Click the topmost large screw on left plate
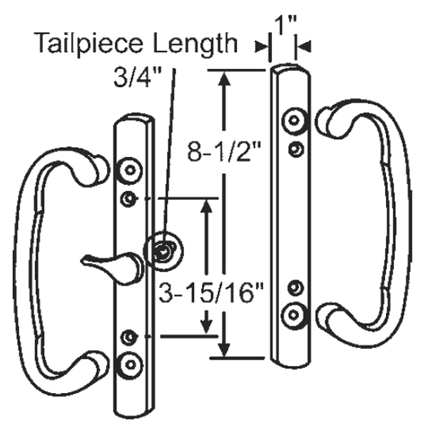(129, 170)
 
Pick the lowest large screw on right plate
(292, 313)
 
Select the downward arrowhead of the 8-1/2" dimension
(225, 350)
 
